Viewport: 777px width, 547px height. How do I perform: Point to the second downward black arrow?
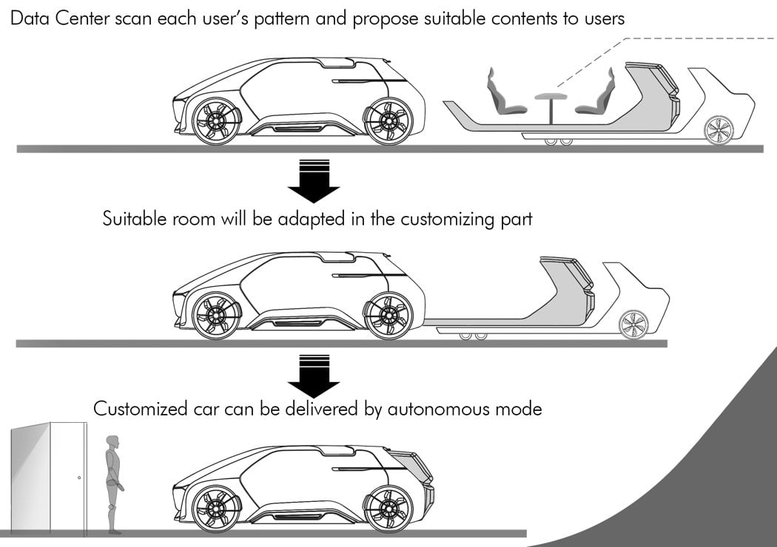click(313, 376)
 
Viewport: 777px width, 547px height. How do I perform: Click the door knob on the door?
click(79, 478)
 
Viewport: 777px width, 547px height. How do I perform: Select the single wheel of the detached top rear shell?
click(719, 131)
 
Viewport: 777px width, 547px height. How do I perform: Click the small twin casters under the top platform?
click(556, 141)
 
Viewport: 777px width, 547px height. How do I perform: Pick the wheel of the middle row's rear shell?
click(633, 325)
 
